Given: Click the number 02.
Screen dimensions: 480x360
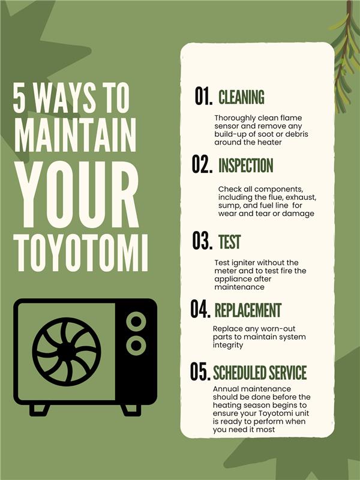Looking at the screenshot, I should coord(203,165).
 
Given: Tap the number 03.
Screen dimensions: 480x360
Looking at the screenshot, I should coord(203,241).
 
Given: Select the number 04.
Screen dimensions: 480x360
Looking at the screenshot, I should coord(201,310).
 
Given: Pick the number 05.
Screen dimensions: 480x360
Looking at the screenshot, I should coord(200,372).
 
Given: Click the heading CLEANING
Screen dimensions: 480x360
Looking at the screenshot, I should coord(241,97).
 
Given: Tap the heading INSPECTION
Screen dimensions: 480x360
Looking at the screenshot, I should coord(245,166).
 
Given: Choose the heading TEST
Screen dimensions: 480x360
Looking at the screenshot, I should coord(229,242).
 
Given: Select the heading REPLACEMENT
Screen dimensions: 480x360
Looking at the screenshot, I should coord(248,310).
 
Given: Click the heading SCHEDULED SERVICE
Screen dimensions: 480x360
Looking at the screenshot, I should coord(260,373).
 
